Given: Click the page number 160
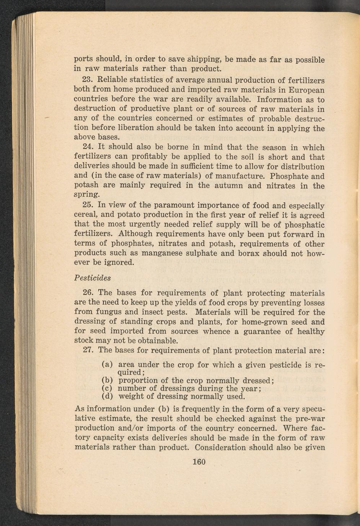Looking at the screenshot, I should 199,462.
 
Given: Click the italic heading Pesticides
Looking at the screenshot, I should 92,278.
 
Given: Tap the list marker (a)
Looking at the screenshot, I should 108,365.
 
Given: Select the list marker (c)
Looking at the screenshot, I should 108,388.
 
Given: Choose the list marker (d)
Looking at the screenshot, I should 108,397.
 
